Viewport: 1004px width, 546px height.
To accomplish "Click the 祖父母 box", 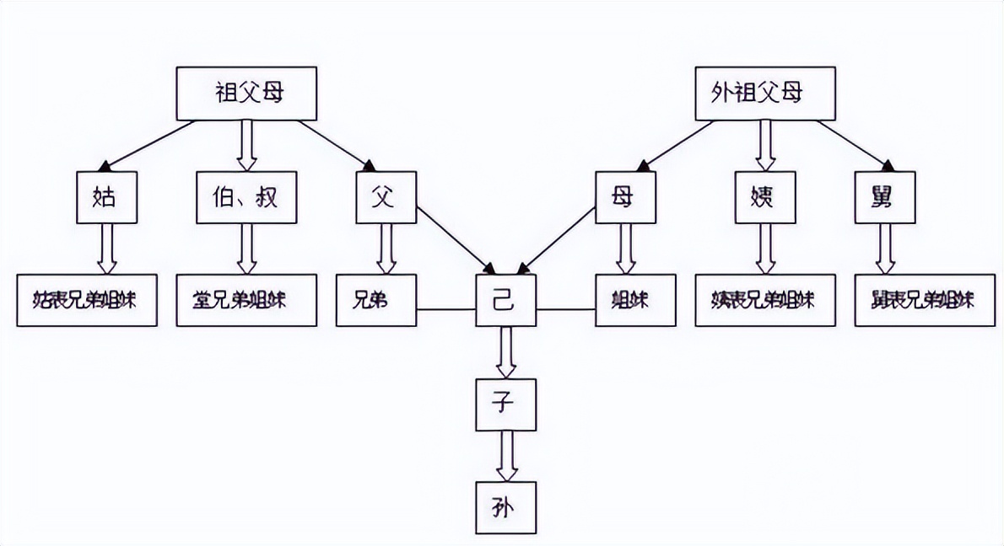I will pos(246,93).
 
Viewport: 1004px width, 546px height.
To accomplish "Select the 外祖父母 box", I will pos(765,93).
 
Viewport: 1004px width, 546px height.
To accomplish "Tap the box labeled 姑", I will pos(105,197).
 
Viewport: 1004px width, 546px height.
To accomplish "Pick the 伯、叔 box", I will pos(246,197).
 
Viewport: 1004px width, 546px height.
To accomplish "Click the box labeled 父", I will pos(386,197).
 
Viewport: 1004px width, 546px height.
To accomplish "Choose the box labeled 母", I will pos(625,197).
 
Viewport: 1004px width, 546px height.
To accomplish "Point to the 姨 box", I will pos(764,197).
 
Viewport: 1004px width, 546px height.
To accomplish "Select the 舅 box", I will pos(885,197).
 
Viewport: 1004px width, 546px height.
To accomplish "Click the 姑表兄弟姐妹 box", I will pos(87,300).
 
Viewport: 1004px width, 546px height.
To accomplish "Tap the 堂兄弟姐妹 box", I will pos(246,300).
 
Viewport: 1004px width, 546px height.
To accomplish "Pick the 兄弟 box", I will pos(377,300).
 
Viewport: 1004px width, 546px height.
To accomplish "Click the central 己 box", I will pos(505,300).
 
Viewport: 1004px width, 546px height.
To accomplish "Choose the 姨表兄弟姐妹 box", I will pos(765,300).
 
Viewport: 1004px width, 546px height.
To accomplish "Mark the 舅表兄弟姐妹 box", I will pos(924,300).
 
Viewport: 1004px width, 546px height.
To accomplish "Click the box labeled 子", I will pos(505,404).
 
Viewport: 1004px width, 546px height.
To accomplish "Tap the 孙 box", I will pos(505,507).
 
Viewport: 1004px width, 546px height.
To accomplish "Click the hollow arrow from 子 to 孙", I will pos(505,456).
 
